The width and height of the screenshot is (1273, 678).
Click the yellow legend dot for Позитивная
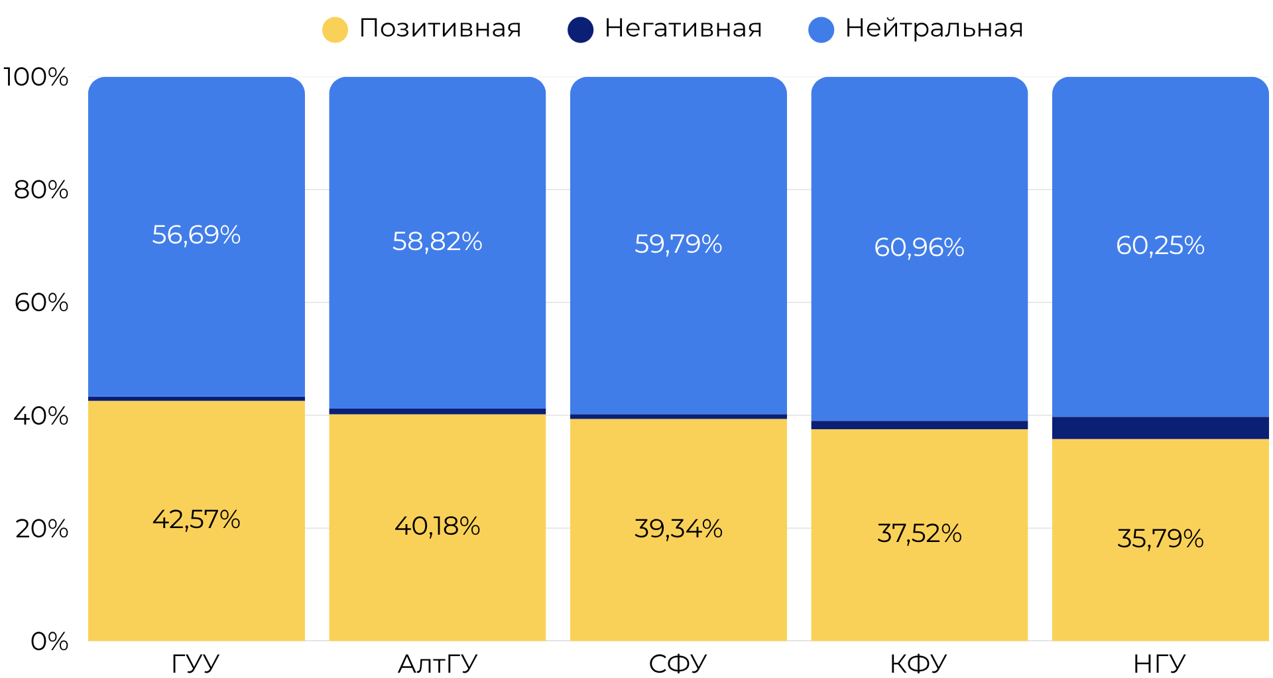tap(335, 30)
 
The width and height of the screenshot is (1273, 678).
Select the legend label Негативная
tap(683, 29)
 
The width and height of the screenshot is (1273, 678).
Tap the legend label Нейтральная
tap(934, 29)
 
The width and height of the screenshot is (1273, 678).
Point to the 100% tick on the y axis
tap(36, 77)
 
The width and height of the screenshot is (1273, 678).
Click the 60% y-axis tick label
tap(41, 303)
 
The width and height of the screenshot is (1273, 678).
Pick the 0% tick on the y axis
tap(49, 642)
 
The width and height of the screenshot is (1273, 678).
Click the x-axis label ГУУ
tap(196, 663)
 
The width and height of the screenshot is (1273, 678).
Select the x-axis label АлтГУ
tap(437, 663)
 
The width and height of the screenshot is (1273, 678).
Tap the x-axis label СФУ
tap(678, 663)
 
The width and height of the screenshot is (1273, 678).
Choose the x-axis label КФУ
tap(918, 663)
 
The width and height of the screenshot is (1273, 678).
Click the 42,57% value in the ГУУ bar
tap(196, 519)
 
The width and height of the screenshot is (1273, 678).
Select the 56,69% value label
tap(196, 235)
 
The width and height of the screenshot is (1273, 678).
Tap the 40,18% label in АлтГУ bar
tap(437, 526)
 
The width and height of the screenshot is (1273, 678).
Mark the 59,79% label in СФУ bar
tap(678, 244)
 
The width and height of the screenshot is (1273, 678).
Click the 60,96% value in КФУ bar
tap(919, 247)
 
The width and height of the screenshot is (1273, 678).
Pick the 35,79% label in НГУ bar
tap(1160, 539)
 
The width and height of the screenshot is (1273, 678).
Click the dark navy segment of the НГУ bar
tap(1160, 428)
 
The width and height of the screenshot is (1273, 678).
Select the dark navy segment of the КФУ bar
tap(919, 425)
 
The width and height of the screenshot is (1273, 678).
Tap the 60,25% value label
tap(1160, 245)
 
